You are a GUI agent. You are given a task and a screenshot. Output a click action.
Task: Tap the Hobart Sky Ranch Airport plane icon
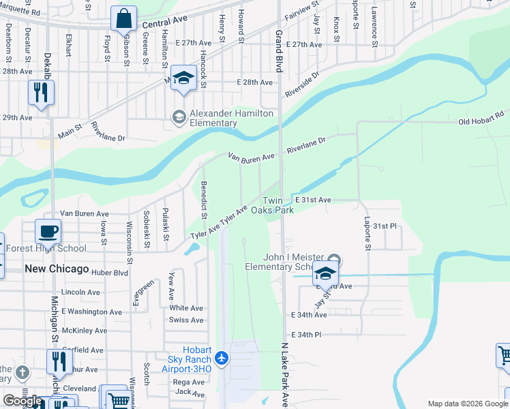tap(221, 358)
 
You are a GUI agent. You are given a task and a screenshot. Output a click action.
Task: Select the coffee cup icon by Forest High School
tap(48, 231)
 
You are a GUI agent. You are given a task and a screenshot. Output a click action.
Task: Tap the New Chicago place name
tap(57, 269)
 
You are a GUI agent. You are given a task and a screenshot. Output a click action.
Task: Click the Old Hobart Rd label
tap(480, 122)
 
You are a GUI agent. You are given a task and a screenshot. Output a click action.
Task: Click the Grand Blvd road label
tap(278, 51)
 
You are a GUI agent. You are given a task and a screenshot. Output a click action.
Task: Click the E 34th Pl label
tap(305, 335)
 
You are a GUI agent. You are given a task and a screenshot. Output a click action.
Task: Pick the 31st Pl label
tap(384, 226)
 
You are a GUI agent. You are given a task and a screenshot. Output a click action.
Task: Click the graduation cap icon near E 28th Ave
tap(183, 78)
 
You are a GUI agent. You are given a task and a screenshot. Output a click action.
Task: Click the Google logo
tap(22, 401)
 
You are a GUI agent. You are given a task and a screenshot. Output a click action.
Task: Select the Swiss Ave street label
tap(186, 320)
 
